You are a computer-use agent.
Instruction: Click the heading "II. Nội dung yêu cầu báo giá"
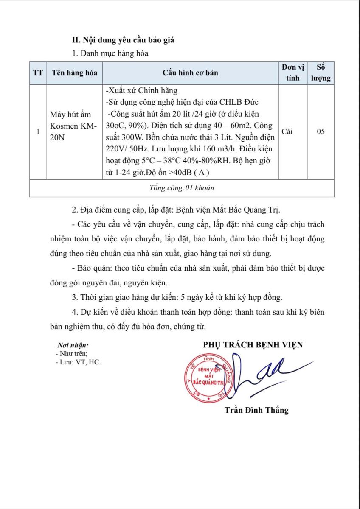pyautogui.click(x=123, y=40)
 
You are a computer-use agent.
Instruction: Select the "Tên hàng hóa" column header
pyautogui.click(x=74, y=73)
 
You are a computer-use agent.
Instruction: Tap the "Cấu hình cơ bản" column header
pyautogui.click(x=190, y=73)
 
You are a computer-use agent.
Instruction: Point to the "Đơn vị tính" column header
pyautogui.click(x=292, y=73)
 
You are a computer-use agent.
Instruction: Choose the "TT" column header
pyautogui.click(x=38, y=73)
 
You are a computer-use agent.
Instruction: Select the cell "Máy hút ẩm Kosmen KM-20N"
pyautogui.click(x=73, y=126)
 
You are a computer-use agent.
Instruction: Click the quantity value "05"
pyautogui.click(x=321, y=131)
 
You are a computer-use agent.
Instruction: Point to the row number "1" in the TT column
pyautogui.click(x=38, y=131)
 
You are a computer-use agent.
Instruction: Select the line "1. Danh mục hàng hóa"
pyautogui.click(x=110, y=53)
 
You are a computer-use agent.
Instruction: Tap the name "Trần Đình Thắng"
pyautogui.click(x=256, y=410)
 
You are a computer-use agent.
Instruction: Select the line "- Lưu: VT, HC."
pyautogui.click(x=78, y=362)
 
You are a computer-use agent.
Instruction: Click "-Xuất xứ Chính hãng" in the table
pyautogui.click(x=141, y=91)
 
